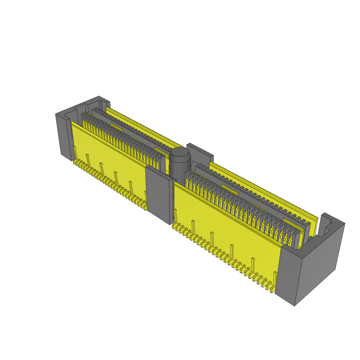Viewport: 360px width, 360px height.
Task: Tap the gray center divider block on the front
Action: pos(159,194)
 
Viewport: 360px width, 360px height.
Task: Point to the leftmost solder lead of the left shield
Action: pos(75,162)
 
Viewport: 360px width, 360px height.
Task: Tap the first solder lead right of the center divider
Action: pos(174,226)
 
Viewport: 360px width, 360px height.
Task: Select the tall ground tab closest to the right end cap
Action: pos(275,278)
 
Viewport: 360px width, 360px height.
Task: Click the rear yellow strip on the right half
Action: pos(264,190)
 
